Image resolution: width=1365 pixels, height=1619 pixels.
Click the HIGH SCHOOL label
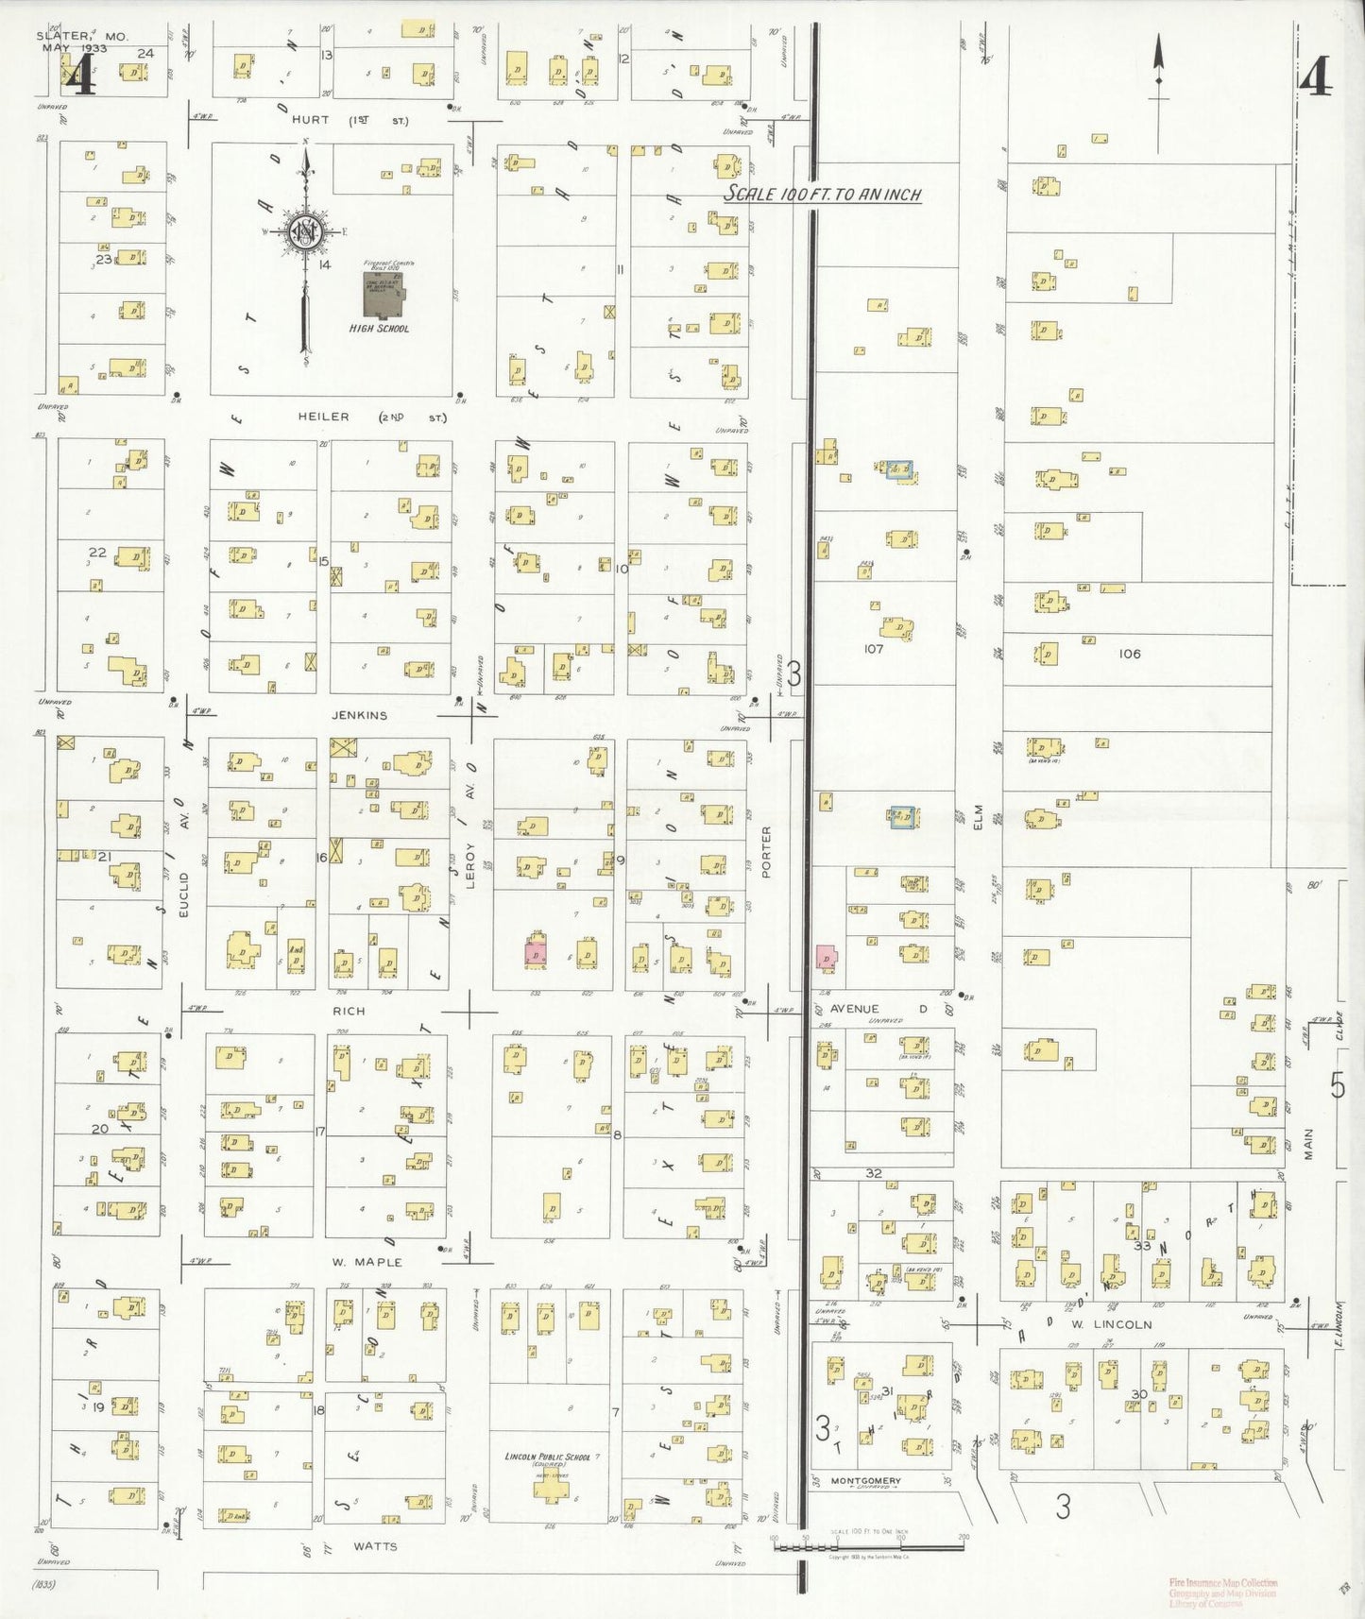click(x=379, y=329)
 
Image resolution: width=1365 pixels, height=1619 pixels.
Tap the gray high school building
click(x=384, y=295)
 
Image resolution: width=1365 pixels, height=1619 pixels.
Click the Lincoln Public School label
click(x=547, y=1457)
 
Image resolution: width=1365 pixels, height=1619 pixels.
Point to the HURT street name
click(x=310, y=120)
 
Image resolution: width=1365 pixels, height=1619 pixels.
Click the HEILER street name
click(x=323, y=417)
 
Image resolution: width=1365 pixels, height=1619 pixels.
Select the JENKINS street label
click(x=359, y=715)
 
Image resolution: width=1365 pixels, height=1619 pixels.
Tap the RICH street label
click(x=348, y=1011)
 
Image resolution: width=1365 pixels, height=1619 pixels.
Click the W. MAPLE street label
click(x=367, y=1262)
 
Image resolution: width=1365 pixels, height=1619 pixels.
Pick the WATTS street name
click(x=375, y=1546)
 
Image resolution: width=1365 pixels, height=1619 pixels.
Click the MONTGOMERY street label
click(x=867, y=1480)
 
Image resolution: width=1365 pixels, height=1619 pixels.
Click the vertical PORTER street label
click(x=766, y=852)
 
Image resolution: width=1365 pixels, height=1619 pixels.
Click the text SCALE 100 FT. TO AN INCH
click(x=822, y=195)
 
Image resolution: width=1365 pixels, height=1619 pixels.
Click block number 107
click(x=873, y=649)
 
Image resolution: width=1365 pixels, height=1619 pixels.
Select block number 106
click(x=1129, y=654)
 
